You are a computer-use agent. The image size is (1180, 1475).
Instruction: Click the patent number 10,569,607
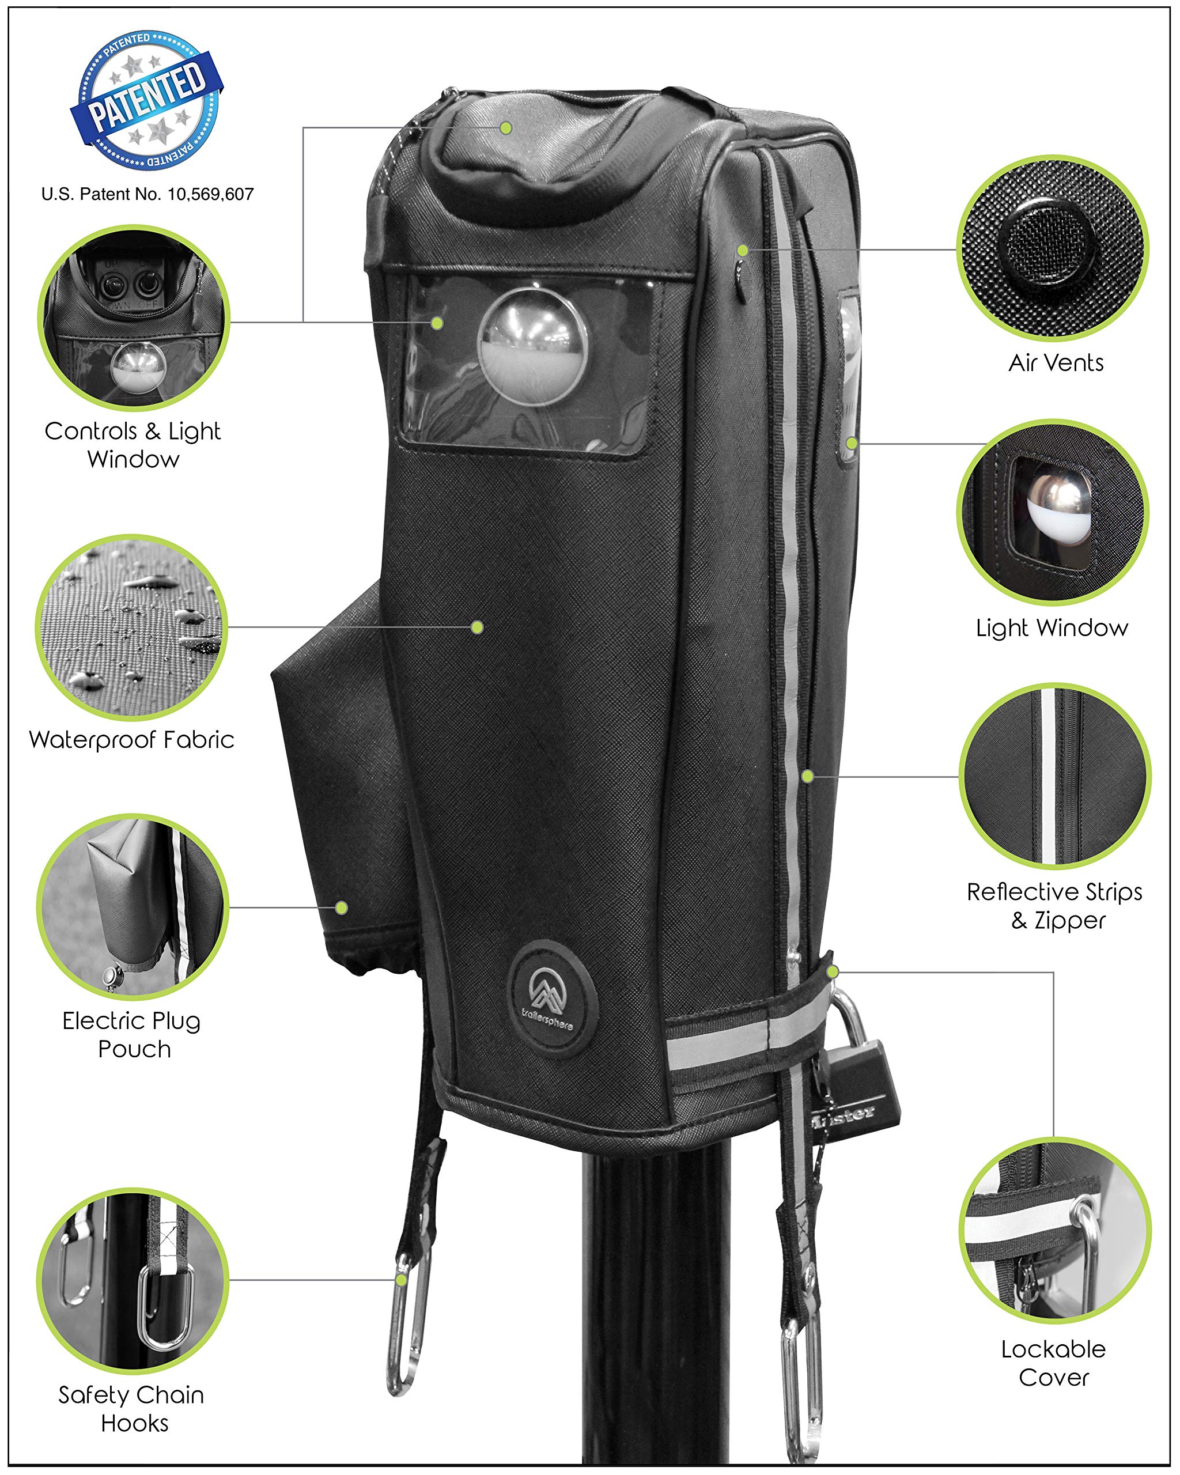pos(211,195)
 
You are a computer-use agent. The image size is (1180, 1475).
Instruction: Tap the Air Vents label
pos(1056,362)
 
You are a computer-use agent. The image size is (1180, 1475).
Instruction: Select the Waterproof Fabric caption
pos(131,740)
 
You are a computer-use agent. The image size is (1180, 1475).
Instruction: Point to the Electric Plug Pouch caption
pos(132,1034)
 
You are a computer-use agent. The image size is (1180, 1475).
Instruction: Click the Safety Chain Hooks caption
pos(131,1409)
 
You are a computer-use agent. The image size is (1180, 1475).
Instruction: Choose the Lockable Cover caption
pos(1053,1363)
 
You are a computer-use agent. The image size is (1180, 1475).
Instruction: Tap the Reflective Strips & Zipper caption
pos(1054,906)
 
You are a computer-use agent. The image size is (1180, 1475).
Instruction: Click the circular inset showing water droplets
pos(131,627)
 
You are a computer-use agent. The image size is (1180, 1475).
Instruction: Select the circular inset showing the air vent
pos(1052,248)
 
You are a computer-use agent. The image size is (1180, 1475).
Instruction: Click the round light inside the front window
pos(534,347)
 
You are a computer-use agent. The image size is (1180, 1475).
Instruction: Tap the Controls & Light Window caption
pos(133,445)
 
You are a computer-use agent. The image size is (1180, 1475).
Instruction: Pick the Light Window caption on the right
pos(1052,628)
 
